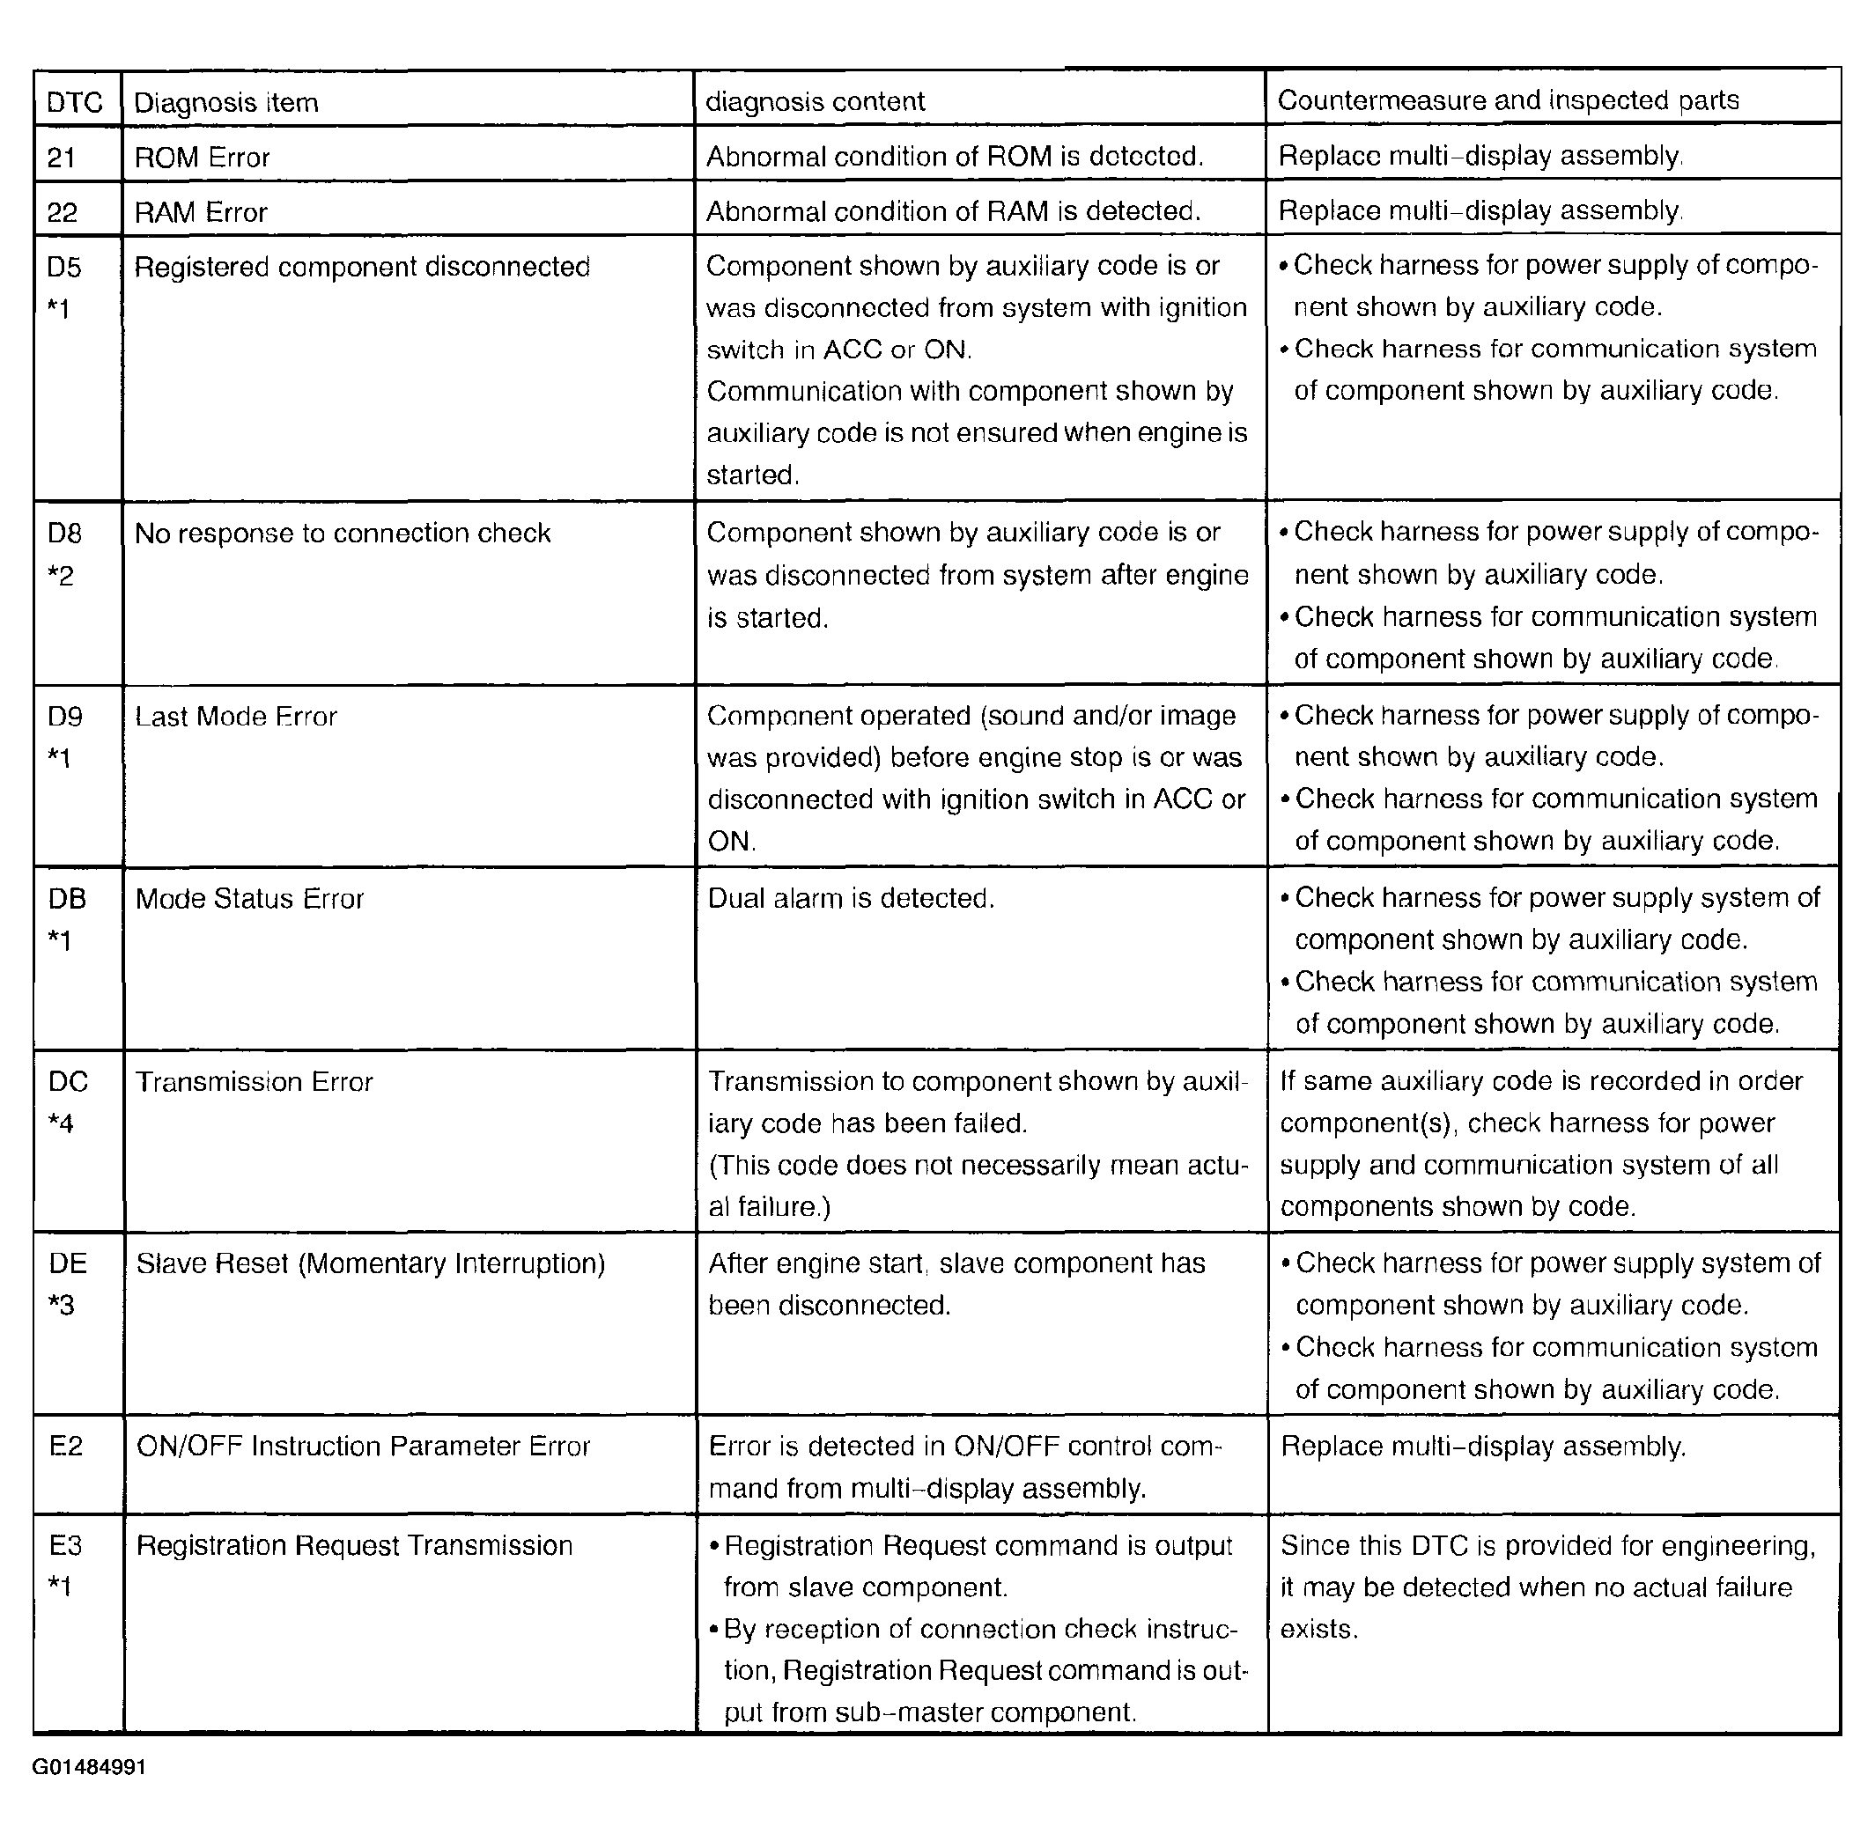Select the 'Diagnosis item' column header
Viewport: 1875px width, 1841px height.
[225, 102]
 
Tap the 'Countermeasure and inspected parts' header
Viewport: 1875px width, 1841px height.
[1508, 100]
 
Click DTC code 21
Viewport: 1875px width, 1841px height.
[62, 158]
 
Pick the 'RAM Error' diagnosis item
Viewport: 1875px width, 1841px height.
[200, 213]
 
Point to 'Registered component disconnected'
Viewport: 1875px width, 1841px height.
[362, 267]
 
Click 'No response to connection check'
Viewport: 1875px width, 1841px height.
[343, 533]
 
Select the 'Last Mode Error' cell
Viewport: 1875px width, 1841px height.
[236, 717]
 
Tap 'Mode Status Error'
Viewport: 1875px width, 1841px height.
[249, 898]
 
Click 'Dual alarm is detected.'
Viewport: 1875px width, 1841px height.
[851, 898]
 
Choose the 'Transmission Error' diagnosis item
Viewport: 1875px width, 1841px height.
[254, 1081]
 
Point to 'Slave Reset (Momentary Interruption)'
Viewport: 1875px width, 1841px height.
[371, 1263]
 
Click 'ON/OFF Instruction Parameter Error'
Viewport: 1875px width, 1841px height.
[363, 1446]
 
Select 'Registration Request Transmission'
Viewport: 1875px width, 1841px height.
[354, 1545]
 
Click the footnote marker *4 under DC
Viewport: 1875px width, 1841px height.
[61, 1123]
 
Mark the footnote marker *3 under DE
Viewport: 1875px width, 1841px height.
[61, 1307]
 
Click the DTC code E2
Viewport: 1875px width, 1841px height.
[66, 1446]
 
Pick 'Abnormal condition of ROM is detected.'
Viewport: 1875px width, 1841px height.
[955, 157]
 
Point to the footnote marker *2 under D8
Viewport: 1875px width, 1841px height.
[61, 577]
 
